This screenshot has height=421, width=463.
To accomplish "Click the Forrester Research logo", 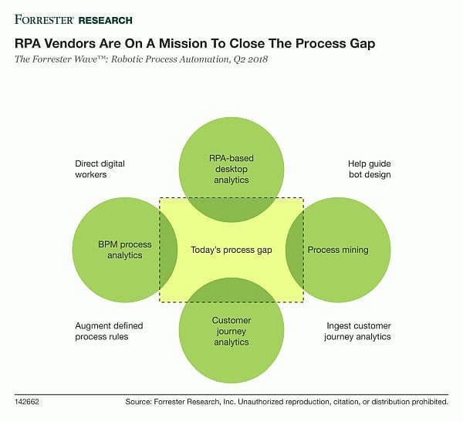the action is pos(73,20).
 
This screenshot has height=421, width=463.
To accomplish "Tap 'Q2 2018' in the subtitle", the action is pos(250,59).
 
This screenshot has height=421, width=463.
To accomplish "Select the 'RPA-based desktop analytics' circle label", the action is pos(231,169).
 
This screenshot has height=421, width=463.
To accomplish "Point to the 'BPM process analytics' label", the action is pos(124,250).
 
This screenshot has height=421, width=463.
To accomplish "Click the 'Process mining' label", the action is pos(338,250).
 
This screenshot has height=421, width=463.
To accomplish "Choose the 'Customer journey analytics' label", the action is pos(231,331).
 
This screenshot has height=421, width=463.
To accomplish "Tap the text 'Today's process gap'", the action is pos(231,250).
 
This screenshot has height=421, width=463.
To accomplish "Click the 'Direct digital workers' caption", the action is pos(100,169).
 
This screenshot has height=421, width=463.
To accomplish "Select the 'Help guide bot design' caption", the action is pos(370,169).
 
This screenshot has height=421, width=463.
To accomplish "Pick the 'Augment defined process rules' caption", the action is pos(109,331).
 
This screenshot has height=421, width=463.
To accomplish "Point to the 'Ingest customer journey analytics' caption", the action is pos(357,331).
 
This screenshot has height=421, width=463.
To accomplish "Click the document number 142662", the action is pos(26,402).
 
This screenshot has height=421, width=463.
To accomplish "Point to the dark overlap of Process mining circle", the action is pos(296,250).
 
